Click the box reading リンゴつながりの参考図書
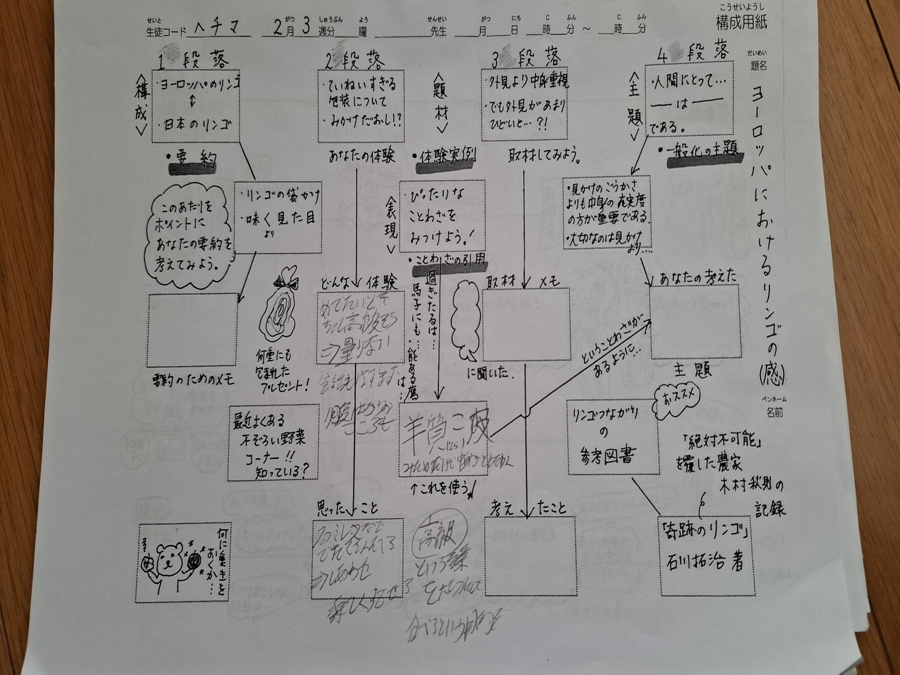[612, 437]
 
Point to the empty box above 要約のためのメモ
[193, 331]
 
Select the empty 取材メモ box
[526, 324]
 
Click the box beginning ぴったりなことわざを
[443, 217]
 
